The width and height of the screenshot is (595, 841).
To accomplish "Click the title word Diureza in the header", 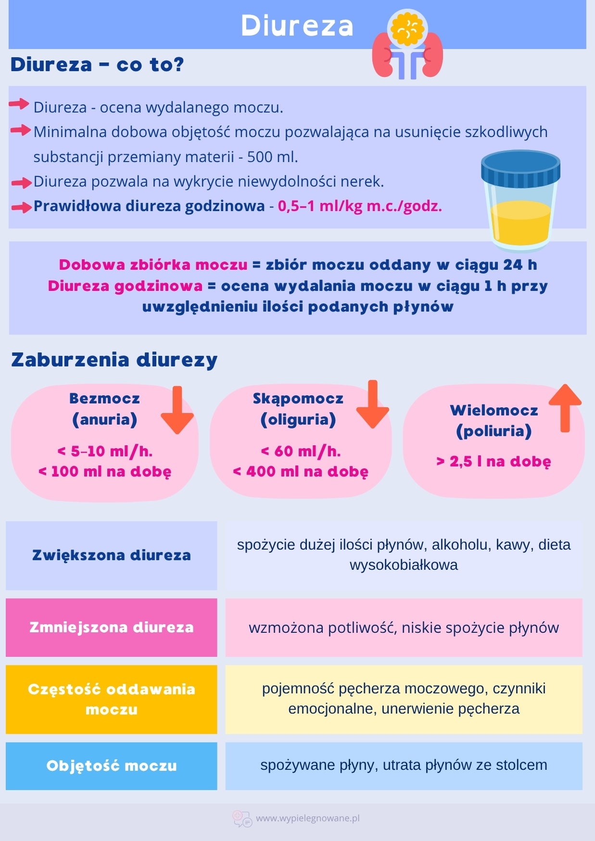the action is (297, 25).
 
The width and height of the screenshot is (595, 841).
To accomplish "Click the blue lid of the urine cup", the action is (520, 169).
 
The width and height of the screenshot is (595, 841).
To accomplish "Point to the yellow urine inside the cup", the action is (520, 223).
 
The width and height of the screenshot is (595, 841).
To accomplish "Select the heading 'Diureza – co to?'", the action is (97, 64).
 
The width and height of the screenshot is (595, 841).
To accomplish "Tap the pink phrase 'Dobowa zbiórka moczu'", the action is (153, 265).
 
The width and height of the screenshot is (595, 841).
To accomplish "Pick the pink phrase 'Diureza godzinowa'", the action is (125, 286).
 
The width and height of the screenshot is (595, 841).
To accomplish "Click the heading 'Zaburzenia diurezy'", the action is (114, 360).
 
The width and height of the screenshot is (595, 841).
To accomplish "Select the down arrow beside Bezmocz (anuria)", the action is (177, 410).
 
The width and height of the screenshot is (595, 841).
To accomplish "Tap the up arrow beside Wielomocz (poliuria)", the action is (565, 408).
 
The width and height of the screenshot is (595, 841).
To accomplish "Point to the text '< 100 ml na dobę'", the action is (105, 472).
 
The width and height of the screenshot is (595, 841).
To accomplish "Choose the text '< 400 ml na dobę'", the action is (301, 472).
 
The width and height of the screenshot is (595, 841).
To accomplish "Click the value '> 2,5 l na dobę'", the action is (494, 462).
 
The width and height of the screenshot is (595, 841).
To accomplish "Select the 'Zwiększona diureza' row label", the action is (112, 555).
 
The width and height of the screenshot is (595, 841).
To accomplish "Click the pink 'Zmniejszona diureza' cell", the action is (112, 628).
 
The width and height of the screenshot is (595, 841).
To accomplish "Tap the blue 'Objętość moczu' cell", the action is (112, 766).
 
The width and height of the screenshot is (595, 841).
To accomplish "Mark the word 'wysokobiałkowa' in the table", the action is (404, 565).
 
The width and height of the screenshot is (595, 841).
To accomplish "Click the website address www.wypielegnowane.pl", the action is (308, 818).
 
